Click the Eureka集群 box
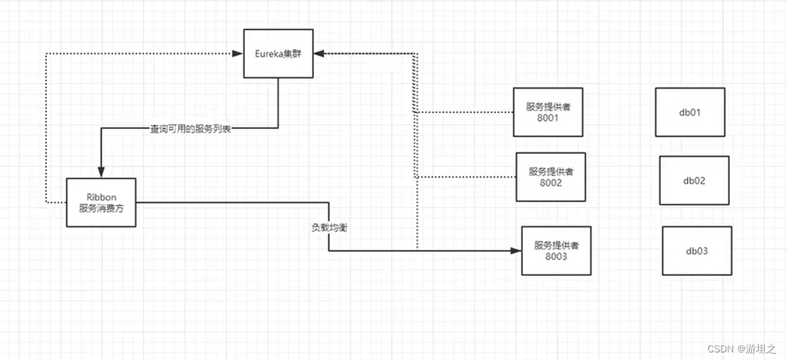point(278,53)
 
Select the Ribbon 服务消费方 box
point(101,202)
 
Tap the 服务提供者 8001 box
point(548,112)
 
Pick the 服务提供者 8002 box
point(550,177)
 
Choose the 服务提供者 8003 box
point(556,250)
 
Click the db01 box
point(690,112)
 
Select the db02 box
point(694,181)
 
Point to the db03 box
point(697,250)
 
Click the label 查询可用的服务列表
point(190,129)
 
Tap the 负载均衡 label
point(329,226)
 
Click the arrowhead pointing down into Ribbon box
point(101,172)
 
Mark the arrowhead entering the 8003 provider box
point(516,251)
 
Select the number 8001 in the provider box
point(548,118)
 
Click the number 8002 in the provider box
point(550,183)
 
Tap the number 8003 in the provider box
point(556,257)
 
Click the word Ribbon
point(101,197)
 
